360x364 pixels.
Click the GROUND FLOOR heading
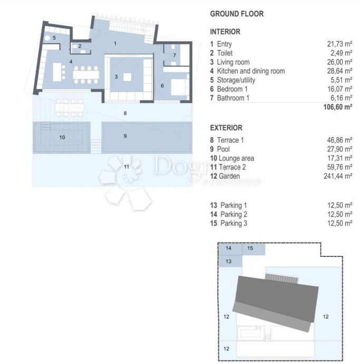coord(237,14)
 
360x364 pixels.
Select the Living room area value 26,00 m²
coord(339,62)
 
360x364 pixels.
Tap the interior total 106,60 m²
coord(338,107)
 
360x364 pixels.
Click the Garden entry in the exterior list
coord(225,176)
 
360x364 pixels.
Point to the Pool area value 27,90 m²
coord(339,149)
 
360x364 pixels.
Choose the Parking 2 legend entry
coord(229,214)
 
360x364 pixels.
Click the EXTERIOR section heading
coord(226,128)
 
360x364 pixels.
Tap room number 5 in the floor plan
coord(54,37)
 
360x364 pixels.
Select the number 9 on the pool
coord(125,136)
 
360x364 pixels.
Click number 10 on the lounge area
coord(62,138)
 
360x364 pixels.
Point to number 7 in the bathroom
coord(174,55)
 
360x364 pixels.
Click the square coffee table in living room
coord(127,77)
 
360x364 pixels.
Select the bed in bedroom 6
coord(180,87)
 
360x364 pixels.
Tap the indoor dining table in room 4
coord(86,75)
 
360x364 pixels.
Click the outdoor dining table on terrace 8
coord(70,108)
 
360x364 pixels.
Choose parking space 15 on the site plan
coord(254,249)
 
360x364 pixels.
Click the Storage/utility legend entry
coord(232,80)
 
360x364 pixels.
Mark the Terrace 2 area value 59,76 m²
coord(339,167)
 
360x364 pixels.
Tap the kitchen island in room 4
coord(57,72)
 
